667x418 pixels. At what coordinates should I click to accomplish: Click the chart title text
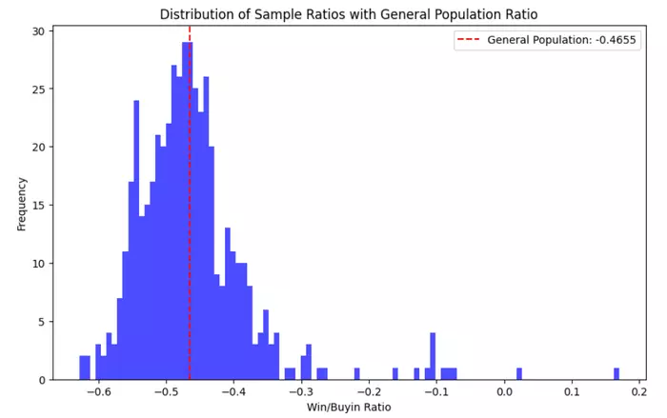(349, 14)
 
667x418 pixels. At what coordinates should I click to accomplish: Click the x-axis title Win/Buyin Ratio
(349, 408)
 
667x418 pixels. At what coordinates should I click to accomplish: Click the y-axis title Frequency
(21, 203)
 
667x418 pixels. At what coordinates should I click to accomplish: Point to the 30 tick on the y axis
(39, 31)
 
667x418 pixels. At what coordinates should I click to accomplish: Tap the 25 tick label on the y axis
(39, 90)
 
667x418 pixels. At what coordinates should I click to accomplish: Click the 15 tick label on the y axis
(39, 206)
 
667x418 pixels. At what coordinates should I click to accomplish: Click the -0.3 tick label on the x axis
(300, 391)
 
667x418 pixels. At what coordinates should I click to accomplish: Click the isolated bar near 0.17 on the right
(616, 374)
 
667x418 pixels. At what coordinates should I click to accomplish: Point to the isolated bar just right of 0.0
(519, 374)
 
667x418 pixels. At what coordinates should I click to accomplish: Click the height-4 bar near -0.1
(433, 357)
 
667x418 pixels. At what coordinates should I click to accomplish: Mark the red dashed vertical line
(190, 238)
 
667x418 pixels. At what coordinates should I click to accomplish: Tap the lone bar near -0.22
(357, 374)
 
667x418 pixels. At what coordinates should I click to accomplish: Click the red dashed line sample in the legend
(470, 40)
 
